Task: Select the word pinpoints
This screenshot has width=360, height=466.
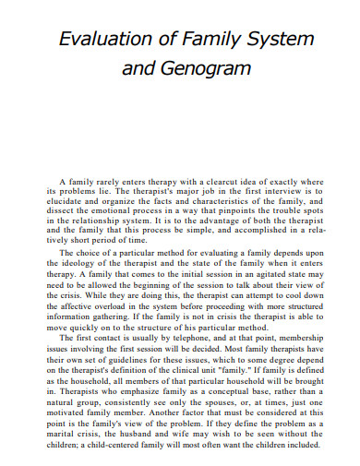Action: (x=218, y=211)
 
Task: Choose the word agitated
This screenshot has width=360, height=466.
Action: (x=242, y=270)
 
